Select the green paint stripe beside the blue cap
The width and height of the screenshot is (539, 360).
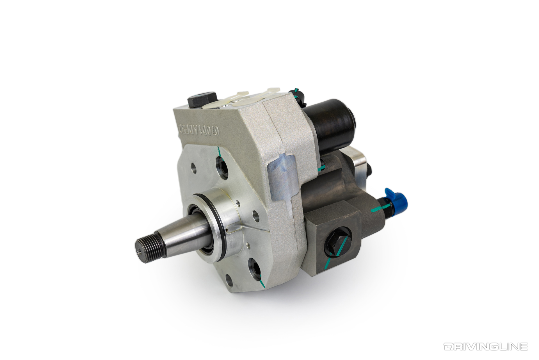pos(376,209)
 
